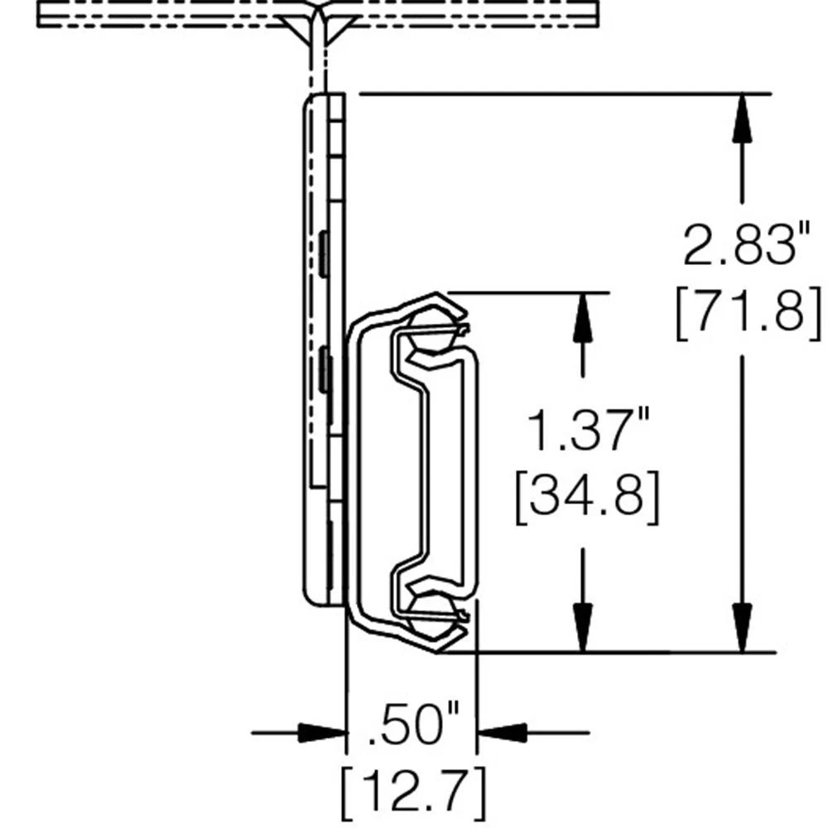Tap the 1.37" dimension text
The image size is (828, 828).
click(586, 431)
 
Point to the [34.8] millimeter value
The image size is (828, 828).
click(586, 497)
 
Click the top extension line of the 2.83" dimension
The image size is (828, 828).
click(563, 94)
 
